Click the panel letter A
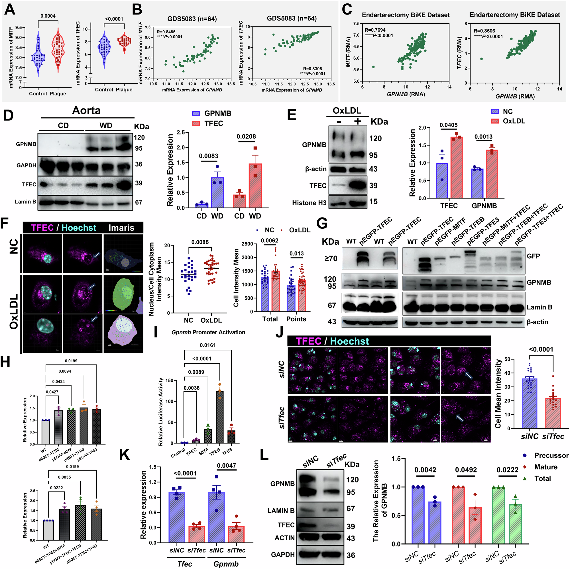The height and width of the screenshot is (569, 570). (10, 9)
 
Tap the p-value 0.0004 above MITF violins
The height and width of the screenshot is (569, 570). (48, 16)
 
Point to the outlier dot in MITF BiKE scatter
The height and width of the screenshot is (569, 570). (373, 67)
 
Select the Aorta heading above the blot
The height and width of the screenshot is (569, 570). (86, 110)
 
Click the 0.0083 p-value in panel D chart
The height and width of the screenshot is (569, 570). (208, 156)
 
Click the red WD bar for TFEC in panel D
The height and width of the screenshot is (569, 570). (255, 186)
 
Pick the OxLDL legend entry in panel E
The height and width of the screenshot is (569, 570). (514, 121)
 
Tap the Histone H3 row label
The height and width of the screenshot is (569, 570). (309, 203)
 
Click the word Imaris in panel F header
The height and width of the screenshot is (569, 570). (121, 228)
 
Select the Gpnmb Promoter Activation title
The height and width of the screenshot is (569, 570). (208, 332)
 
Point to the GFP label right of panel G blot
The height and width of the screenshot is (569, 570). (533, 256)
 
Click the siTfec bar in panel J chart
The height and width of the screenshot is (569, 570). (553, 413)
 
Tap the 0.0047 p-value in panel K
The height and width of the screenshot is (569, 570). (226, 466)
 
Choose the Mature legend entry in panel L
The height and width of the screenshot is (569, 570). (545, 467)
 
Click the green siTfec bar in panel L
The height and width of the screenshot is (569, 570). (515, 524)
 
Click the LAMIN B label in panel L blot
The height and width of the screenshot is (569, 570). (281, 511)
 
